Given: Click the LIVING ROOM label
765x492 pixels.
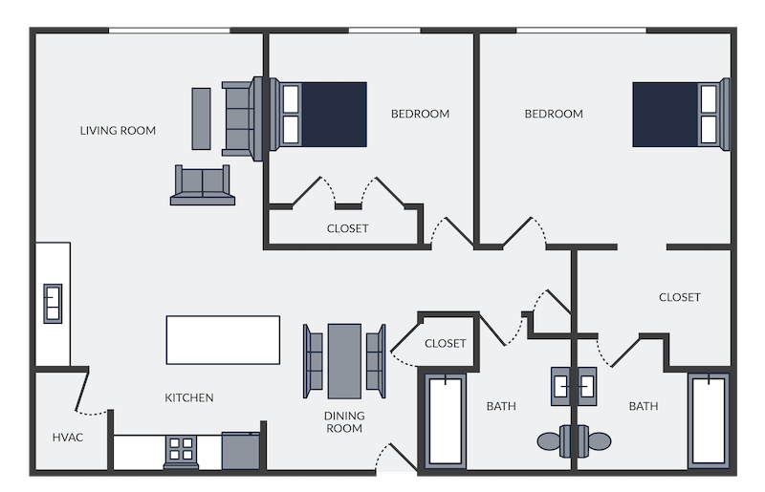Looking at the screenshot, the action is [x=118, y=131].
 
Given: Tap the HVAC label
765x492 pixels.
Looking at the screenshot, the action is [x=67, y=438].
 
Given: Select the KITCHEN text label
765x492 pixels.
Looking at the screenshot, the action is [x=188, y=397].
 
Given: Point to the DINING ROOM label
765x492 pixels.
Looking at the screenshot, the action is [x=344, y=422].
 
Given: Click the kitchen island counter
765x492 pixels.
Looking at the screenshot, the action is [x=223, y=340].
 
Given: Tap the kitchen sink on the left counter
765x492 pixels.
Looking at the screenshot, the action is [x=53, y=303].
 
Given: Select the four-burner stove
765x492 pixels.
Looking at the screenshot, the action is [x=181, y=451].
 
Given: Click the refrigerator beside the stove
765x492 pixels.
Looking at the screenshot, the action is [x=241, y=451].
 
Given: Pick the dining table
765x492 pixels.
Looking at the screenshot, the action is [x=344, y=361].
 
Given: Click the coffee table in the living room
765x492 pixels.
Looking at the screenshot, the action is [x=201, y=118].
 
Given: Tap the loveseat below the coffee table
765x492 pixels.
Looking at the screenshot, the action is [x=203, y=185].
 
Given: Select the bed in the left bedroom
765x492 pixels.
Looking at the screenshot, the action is [x=318, y=115].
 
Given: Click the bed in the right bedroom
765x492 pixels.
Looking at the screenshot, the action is [x=681, y=115].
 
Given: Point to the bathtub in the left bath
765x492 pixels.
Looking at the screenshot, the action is [x=445, y=419].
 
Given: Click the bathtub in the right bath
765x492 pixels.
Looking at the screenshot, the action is [x=709, y=419].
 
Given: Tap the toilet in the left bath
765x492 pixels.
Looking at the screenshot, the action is [x=556, y=441].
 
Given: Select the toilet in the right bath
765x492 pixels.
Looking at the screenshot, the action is [x=593, y=441].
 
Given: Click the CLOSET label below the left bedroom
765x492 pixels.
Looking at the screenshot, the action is [x=347, y=228].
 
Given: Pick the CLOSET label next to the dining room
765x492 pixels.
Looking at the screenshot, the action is [x=445, y=344].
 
